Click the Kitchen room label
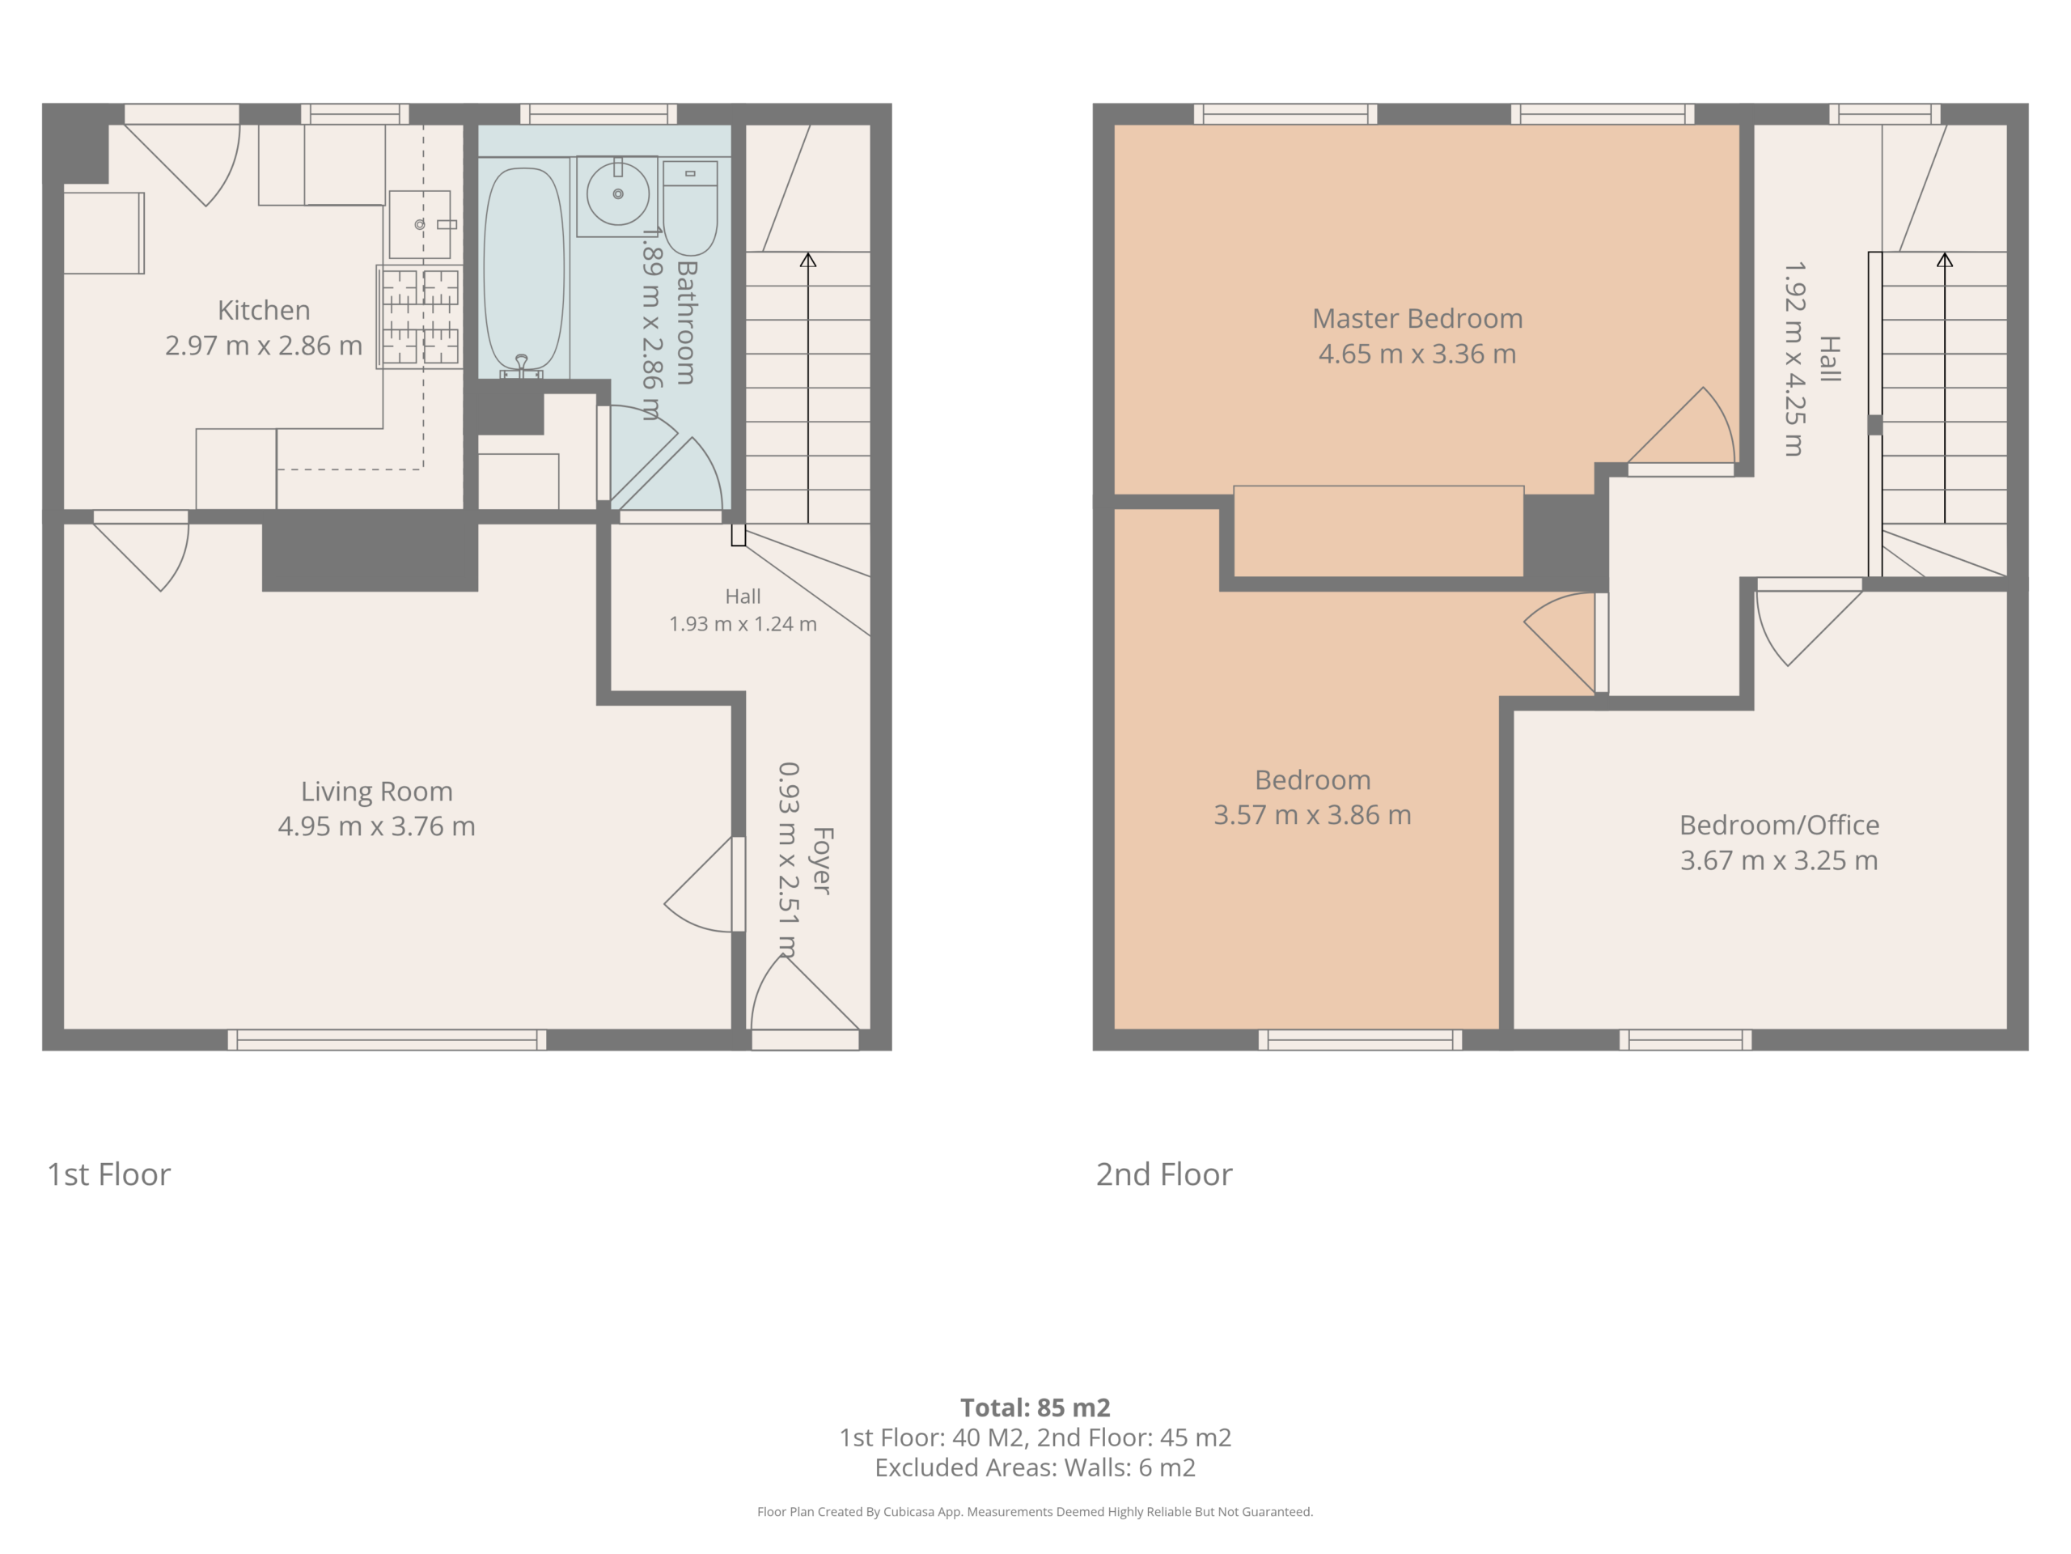(263, 310)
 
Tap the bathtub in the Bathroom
(523, 272)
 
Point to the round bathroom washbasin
(618, 195)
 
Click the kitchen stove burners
(419, 316)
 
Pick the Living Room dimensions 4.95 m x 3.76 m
(376, 826)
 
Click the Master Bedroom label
(1417, 318)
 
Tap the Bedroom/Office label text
(1779, 826)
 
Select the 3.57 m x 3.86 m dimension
(1313, 815)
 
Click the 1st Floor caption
(109, 1174)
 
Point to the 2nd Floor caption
(1164, 1174)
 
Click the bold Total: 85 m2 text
(1035, 1408)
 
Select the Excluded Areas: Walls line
(1035, 1468)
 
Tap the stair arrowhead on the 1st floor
(808, 261)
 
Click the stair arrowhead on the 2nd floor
(1945, 261)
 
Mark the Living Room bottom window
(387, 1040)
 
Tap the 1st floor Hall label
(743, 597)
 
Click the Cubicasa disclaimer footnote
(1035, 1512)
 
